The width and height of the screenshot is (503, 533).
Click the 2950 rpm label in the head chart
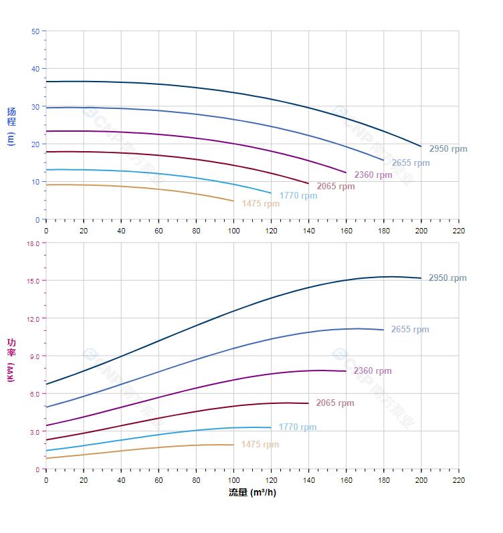point(447,149)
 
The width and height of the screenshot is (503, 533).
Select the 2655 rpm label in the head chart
point(410,163)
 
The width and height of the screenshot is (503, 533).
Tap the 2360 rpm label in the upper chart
point(373,175)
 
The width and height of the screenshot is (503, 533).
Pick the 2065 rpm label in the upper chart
point(335,187)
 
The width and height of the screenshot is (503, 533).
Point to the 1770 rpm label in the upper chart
point(298,196)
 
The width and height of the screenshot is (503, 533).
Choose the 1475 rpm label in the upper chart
point(260,204)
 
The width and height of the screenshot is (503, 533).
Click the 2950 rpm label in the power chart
point(447,278)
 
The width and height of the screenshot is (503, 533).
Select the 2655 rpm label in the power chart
point(410,330)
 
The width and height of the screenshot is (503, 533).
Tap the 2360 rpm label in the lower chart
point(373,371)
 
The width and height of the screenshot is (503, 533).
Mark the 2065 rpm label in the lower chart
point(335,403)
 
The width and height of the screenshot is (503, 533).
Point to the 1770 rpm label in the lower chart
point(298,427)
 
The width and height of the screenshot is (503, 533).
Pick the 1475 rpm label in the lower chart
point(260,445)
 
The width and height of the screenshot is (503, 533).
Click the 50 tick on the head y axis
point(35,31)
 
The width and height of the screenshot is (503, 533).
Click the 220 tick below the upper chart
point(458,230)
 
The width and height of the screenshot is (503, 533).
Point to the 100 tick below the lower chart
point(233,480)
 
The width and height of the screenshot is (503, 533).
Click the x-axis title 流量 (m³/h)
point(252,493)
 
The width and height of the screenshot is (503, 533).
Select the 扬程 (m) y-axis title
point(11,126)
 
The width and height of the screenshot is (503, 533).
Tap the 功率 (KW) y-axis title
point(11,361)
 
